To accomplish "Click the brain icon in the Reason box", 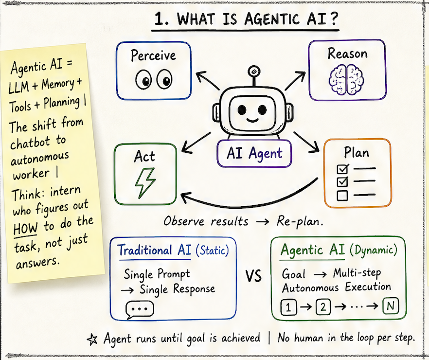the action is [346, 80].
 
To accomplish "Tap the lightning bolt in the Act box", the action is [145, 183].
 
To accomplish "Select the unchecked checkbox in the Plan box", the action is [342, 195].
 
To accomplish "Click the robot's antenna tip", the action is [253, 71].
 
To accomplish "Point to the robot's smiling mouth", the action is [252, 120].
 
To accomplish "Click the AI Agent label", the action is [254, 153].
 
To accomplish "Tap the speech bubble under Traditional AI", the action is [140, 310].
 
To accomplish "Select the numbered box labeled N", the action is [391, 306].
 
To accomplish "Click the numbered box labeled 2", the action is [323, 306].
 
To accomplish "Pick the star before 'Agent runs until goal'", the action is [92, 340].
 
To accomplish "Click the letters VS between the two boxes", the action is [253, 276].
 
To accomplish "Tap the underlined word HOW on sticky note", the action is [25, 228].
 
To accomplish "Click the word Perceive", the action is [153, 55].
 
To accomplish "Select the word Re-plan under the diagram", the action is [300, 221].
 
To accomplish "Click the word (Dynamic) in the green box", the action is [374, 250].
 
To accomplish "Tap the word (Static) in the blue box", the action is [212, 250].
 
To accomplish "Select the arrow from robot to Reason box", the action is [295, 81].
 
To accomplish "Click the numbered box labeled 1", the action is [288, 307].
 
